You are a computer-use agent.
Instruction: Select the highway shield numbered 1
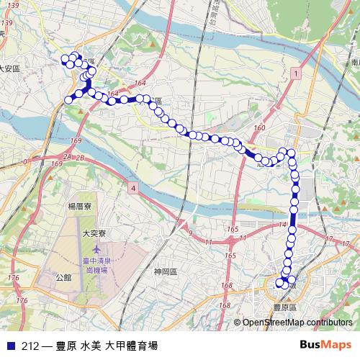(x=295, y=74)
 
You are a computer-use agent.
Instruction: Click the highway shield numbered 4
(x=133, y=188)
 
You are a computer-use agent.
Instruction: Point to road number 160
(x=259, y=127)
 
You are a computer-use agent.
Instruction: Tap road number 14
(x=291, y=226)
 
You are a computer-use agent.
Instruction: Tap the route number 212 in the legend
(x=30, y=345)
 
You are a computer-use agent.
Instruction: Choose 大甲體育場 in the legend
(x=131, y=345)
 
